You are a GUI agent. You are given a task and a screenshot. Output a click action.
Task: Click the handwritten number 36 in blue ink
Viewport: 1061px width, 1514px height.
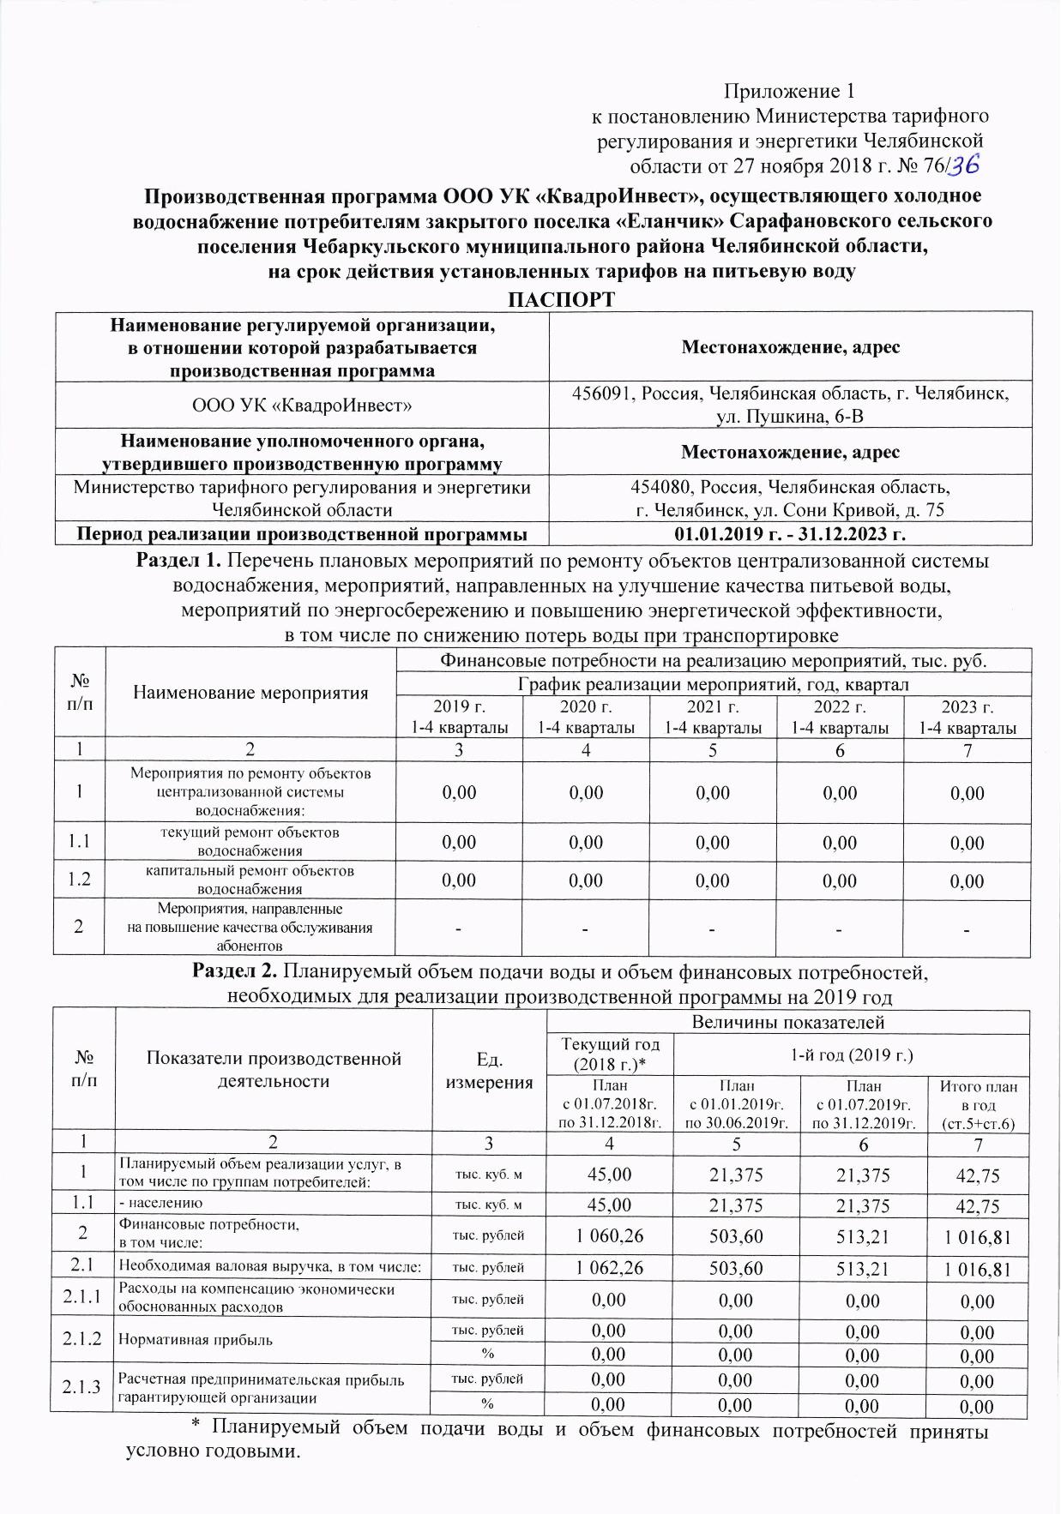click(x=962, y=163)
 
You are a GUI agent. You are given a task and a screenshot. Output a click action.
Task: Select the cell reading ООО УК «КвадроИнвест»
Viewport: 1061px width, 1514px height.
click(x=302, y=405)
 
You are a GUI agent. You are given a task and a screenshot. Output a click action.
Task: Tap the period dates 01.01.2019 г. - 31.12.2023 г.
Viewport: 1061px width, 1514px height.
click(x=790, y=534)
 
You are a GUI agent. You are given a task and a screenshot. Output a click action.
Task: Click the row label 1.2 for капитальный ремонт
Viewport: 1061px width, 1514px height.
click(x=79, y=880)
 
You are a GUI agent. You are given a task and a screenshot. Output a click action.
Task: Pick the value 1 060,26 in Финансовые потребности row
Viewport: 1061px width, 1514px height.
click(x=609, y=1235)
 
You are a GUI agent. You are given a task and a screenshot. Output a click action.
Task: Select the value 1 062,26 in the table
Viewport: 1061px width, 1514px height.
click(x=609, y=1268)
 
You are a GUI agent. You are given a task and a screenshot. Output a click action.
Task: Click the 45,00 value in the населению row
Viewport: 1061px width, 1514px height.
click(x=609, y=1205)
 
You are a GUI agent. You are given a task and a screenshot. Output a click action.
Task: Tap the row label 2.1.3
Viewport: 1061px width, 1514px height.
click(x=82, y=1388)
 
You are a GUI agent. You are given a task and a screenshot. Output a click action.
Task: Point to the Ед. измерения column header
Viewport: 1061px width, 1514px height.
click(x=489, y=1070)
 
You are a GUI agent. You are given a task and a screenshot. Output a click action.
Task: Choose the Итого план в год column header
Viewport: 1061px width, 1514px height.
click(x=979, y=1104)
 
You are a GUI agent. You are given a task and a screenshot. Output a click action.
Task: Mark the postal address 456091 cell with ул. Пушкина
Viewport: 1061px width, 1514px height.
click(x=790, y=405)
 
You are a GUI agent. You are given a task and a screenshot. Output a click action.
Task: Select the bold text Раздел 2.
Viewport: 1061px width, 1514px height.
click(x=233, y=973)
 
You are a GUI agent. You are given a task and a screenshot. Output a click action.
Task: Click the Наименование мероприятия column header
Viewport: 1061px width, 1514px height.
click(x=250, y=693)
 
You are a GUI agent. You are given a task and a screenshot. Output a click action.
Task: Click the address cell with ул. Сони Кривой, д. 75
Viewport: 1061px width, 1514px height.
click(x=790, y=498)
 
